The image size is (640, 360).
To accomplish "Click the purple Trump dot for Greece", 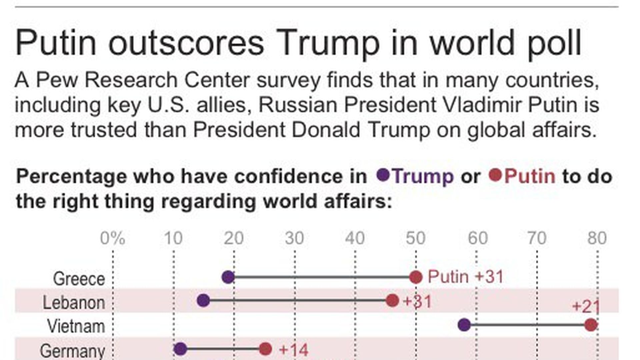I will pos(228,277).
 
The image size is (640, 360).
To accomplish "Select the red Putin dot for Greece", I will pos(416,277).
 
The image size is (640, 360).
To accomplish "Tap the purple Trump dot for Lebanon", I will pos(203,301).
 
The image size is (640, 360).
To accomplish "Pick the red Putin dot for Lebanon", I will pos(392,301).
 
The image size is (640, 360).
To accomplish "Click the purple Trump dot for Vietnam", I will pos(464,325).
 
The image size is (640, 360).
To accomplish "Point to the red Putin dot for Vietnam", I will pos(591,325).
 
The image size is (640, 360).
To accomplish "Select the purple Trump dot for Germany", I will pos(180,349).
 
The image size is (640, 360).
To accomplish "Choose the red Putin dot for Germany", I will pos(265,349).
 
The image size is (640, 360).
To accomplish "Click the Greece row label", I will pos(79,279).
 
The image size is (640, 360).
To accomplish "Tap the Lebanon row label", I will pos(74,303).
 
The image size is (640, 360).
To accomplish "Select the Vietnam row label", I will pos(76,326).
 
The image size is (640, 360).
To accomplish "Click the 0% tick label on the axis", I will pos(113,238).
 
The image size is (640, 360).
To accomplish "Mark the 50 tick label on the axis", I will pos(416,238).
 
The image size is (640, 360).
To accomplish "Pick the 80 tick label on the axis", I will pos(597,238).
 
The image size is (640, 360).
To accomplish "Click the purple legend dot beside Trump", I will pos(383,175).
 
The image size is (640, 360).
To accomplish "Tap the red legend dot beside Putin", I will pos(495,175).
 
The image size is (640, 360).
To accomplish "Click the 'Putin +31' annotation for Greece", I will pos(465,277).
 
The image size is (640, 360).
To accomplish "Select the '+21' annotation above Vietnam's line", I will pos(586,306).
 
